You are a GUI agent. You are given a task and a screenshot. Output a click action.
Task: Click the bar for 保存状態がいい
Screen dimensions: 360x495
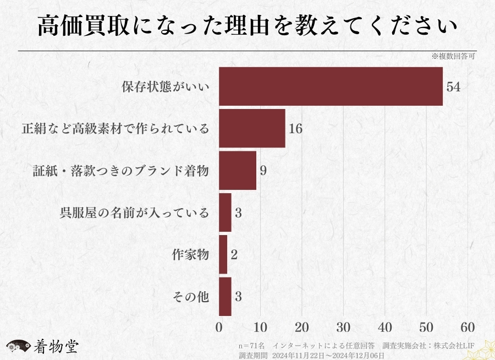click(331, 86)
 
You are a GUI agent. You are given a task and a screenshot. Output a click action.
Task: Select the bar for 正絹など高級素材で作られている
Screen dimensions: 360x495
click(252, 128)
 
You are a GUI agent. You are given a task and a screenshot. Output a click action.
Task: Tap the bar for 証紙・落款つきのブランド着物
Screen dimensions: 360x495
click(238, 171)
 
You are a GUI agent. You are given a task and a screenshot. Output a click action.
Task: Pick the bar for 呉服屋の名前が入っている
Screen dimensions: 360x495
click(225, 212)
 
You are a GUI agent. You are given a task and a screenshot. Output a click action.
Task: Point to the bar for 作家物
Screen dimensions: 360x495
click(223, 254)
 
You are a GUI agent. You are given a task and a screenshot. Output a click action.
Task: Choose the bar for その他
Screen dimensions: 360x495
click(225, 297)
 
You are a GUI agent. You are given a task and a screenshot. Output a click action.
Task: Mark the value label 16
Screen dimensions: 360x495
click(295, 129)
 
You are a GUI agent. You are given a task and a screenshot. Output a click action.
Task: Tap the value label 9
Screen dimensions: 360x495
click(263, 171)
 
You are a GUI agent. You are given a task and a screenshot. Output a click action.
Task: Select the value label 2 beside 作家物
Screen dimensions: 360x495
click(234, 255)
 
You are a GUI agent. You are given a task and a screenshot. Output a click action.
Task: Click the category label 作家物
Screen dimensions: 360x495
click(190, 255)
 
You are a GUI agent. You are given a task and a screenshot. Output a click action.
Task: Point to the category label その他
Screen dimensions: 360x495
click(190, 297)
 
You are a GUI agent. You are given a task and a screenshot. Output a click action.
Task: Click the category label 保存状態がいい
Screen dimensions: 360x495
click(165, 87)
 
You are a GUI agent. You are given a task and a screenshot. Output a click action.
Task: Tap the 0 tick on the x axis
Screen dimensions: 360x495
click(219, 326)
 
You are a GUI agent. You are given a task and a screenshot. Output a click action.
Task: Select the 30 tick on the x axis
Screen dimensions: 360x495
click(343, 326)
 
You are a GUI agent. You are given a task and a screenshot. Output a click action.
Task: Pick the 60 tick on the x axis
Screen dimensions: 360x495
click(468, 326)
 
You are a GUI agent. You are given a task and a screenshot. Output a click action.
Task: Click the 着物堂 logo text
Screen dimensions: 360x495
click(56, 347)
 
